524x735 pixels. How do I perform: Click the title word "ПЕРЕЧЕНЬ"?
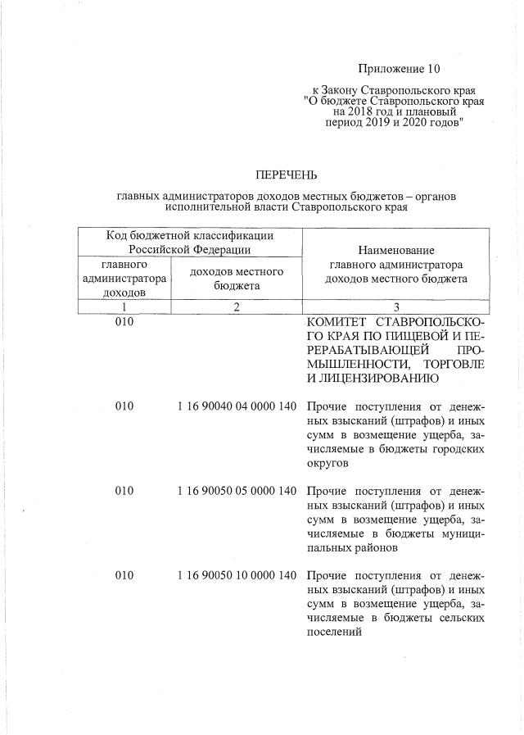pos(286,175)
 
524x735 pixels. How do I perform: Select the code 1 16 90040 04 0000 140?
pos(236,407)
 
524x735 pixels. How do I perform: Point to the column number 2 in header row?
pos(236,306)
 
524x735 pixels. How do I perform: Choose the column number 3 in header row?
pos(395,306)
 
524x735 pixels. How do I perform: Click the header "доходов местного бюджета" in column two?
pos(236,279)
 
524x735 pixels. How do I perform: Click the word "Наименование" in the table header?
pos(395,250)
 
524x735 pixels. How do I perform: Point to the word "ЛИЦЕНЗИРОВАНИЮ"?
pos(374,379)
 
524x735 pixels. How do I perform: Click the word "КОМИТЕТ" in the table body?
pos(334,323)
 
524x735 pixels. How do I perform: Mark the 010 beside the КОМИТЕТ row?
pos(124,323)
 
